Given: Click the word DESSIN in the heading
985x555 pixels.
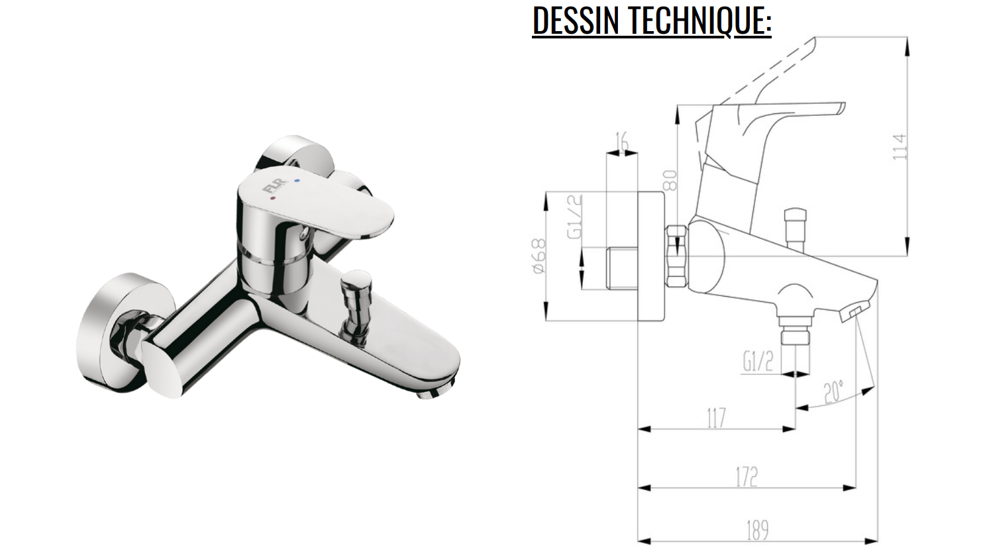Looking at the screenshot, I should [x=575, y=21].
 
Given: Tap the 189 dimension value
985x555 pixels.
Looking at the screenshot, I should [x=757, y=530].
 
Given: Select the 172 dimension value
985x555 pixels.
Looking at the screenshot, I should [x=746, y=477].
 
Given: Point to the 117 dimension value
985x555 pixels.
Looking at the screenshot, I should [x=716, y=418].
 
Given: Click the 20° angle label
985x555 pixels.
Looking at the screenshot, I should [x=834, y=391].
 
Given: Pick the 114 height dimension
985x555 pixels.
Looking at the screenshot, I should [x=899, y=147].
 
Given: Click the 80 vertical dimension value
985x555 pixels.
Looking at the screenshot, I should [x=671, y=181].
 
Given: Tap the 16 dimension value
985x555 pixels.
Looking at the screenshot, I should [x=623, y=140].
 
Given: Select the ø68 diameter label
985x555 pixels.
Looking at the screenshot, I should [x=539, y=256].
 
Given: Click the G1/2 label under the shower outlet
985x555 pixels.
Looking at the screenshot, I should [x=758, y=362].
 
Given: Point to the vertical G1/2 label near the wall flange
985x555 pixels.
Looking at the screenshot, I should [x=575, y=216].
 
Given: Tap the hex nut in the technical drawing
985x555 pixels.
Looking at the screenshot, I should [x=676, y=256].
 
